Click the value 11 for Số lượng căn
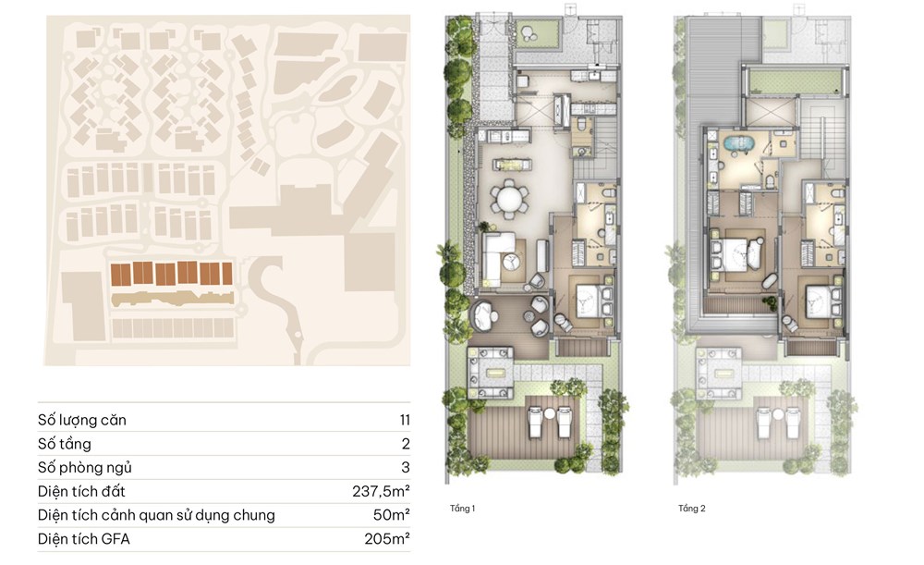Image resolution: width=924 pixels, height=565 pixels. [405, 420]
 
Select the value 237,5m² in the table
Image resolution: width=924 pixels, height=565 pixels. [381, 491]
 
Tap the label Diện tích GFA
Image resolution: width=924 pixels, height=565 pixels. [84, 539]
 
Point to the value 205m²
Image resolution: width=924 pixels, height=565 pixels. [387, 538]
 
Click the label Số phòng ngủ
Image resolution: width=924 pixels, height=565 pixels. [85, 468]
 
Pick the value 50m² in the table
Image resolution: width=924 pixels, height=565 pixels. [391, 515]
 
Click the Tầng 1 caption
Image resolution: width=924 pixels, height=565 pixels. [463, 509]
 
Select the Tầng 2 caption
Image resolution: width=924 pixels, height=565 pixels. [692, 509]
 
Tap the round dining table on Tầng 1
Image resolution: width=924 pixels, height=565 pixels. [508, 200]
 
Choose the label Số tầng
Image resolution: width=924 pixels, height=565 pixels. [65, 444]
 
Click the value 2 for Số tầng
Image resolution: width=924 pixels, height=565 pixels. [406, 444]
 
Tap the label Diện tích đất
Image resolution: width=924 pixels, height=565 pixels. [81, 491]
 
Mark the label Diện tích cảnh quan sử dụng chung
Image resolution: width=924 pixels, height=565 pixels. [156, 515]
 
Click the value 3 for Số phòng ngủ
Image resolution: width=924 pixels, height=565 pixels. [406, 468]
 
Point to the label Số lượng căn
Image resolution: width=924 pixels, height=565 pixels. [82, 420]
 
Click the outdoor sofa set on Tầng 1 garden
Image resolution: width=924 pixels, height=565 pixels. [490, 372]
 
